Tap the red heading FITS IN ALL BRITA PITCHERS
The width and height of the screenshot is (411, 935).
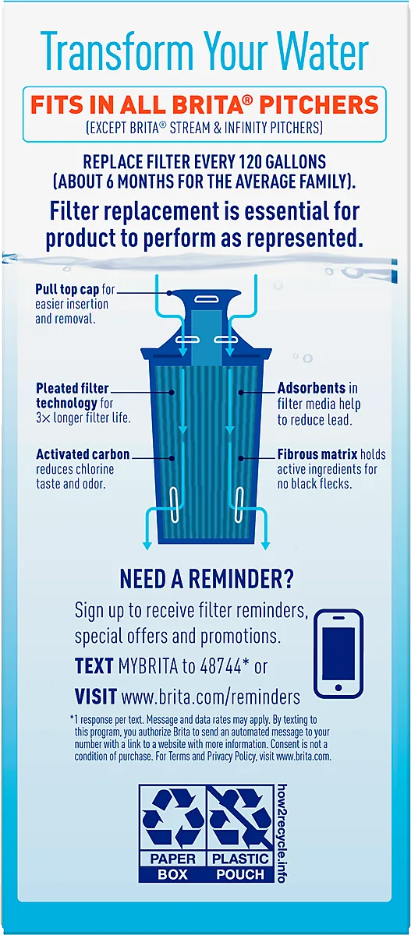204,104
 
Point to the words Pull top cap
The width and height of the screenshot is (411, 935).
67,289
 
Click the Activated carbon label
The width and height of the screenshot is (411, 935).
83,454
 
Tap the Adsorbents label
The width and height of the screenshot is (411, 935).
312,388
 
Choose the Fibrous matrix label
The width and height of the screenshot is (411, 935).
317,454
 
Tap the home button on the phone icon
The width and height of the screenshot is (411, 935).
338,687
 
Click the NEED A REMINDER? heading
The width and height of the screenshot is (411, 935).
207,578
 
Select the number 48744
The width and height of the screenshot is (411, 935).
221,666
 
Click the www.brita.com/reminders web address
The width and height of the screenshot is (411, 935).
211,697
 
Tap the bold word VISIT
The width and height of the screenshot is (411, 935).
96,697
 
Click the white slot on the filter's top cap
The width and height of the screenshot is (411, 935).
204,299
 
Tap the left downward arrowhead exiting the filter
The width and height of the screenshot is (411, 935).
147,545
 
